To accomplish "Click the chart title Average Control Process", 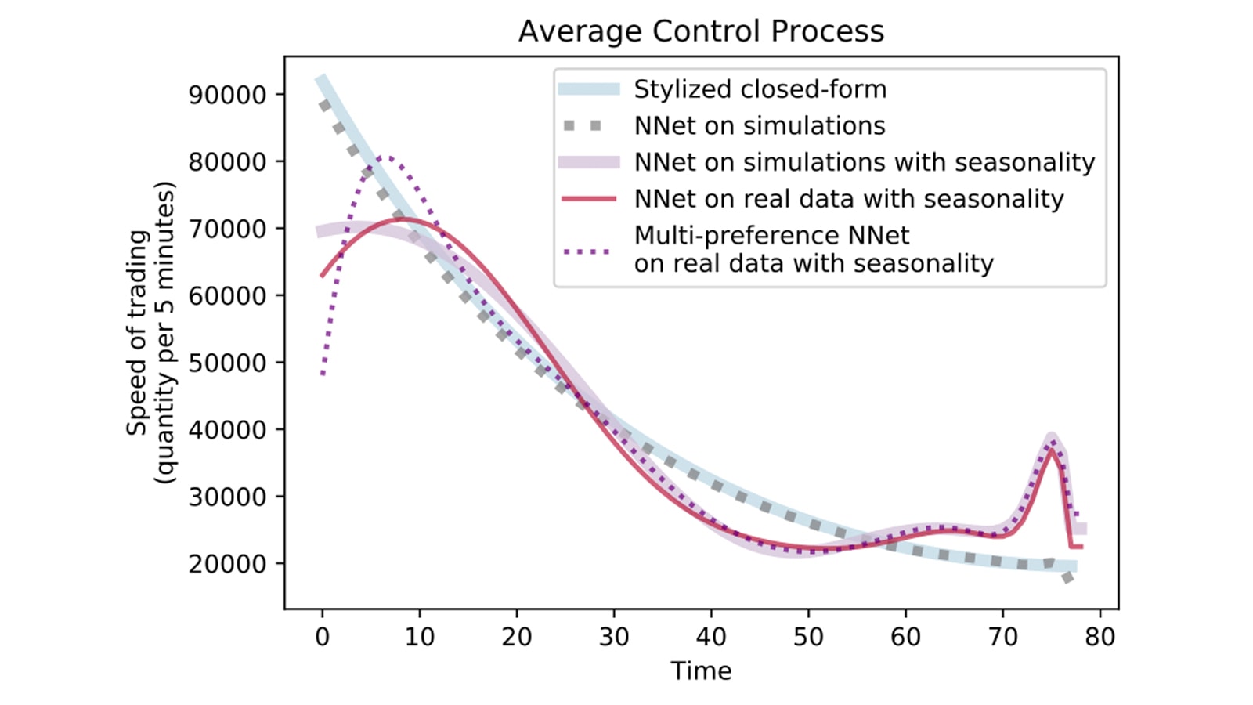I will coord(701,31).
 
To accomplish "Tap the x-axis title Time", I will coord(701,671).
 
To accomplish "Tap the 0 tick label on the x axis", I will coord(322,637).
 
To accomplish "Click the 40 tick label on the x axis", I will coord(711,637).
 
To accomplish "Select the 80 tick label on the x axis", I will coord(1100,637).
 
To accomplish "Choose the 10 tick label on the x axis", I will coord(419,637).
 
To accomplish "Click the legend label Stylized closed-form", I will coord(760,89).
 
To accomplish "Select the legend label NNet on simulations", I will coord(760,125).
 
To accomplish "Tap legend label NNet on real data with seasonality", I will coord(849,199).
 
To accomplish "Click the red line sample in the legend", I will coord(589,199).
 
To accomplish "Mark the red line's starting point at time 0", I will coord(322,276).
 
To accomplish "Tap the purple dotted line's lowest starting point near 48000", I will coord(323,374).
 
